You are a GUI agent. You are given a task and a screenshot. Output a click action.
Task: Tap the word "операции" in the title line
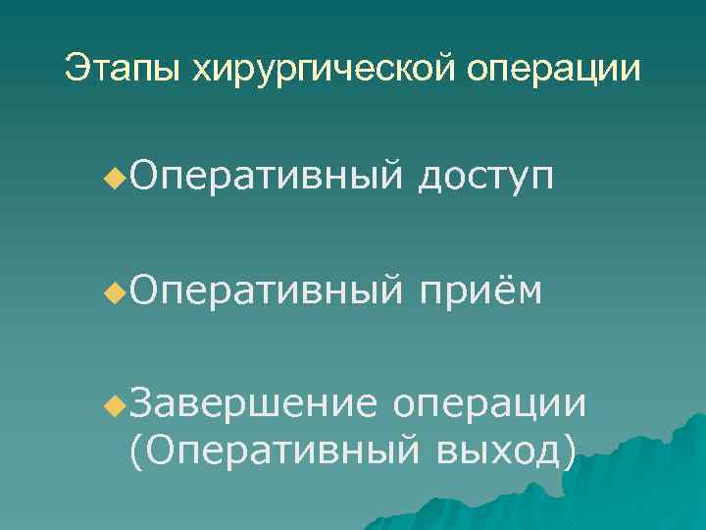click(556, 69)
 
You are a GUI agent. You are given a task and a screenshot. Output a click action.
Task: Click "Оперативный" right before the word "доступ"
click(265, 178)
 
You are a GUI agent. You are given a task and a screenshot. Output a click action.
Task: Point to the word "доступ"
click(475, 180)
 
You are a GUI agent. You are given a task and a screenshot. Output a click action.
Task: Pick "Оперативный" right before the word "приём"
click(265, 291)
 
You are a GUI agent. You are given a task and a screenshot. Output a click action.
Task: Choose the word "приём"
click(479, 291)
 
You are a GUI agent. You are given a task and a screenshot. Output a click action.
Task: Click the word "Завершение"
click(252, 403)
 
